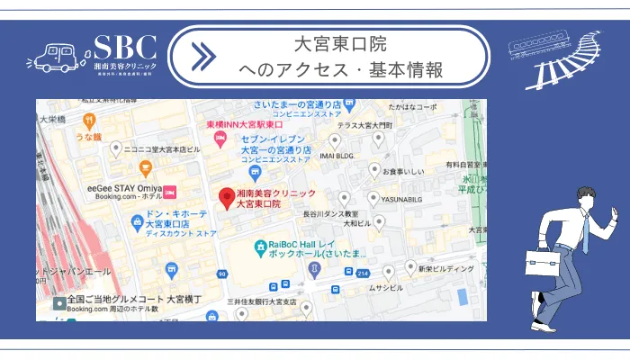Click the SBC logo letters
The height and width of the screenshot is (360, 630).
click(x=125, y=48)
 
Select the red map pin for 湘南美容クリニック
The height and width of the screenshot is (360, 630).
click(x=226, y=197)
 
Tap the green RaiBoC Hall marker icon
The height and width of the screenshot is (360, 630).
click(x=259, y=244)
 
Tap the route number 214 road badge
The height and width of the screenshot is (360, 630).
click(x=362, y=272)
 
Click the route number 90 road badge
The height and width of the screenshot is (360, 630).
click(x=221, y=273)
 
